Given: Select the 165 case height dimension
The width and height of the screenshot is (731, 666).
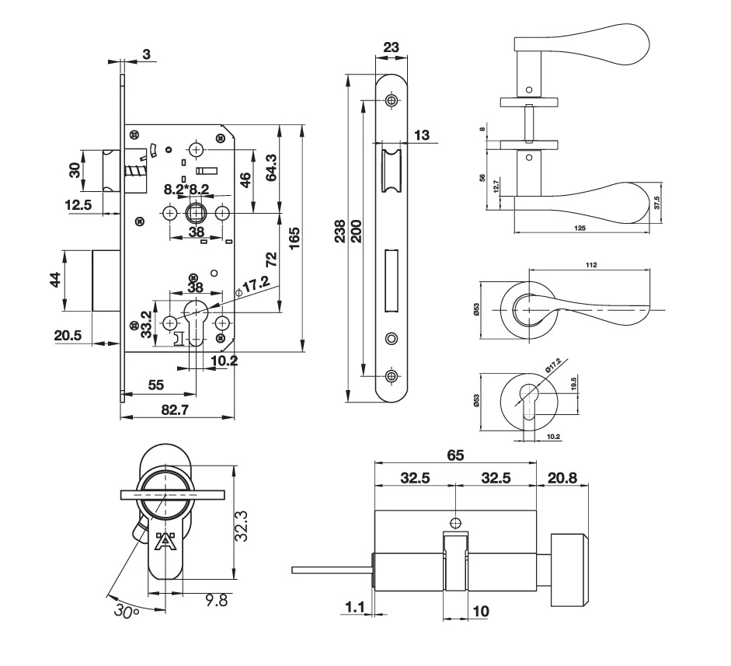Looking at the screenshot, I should [294, 238].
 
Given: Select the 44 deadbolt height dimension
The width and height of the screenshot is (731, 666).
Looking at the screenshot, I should [55, 280].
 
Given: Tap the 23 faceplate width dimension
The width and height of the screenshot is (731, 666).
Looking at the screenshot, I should [392, 47].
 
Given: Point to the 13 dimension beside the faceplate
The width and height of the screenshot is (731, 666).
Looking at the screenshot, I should [422, 134].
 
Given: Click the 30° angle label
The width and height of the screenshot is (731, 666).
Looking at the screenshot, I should [124, 612].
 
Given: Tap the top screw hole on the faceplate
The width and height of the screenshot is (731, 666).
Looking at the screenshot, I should [391, 101].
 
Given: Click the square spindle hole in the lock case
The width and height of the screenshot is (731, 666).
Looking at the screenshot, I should [197, 212].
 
